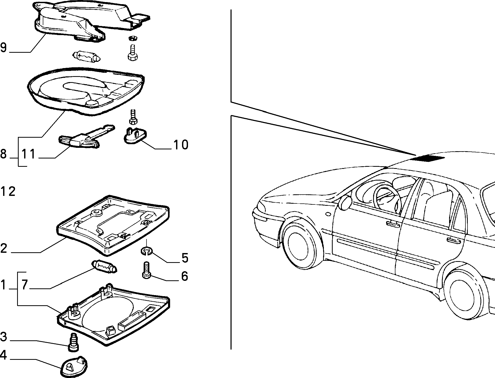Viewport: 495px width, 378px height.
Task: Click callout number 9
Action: tap(3, 48)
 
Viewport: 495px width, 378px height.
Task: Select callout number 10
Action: tap(181, 145)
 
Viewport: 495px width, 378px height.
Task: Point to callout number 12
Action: tap(8, 192)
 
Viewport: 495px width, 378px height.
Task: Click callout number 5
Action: tap(185, 258)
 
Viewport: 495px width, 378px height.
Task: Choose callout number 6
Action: tap(184, 276)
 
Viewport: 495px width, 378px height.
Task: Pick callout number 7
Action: tap(24, 285)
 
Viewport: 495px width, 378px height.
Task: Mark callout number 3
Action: tap(3, 337)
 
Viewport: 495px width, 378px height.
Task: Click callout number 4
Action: tap(3, 355)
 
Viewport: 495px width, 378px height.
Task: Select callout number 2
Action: tap(3, 248)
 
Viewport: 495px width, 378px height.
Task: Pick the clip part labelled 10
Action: tap(134, 135)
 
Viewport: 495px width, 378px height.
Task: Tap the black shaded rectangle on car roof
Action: tap(428, 158)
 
